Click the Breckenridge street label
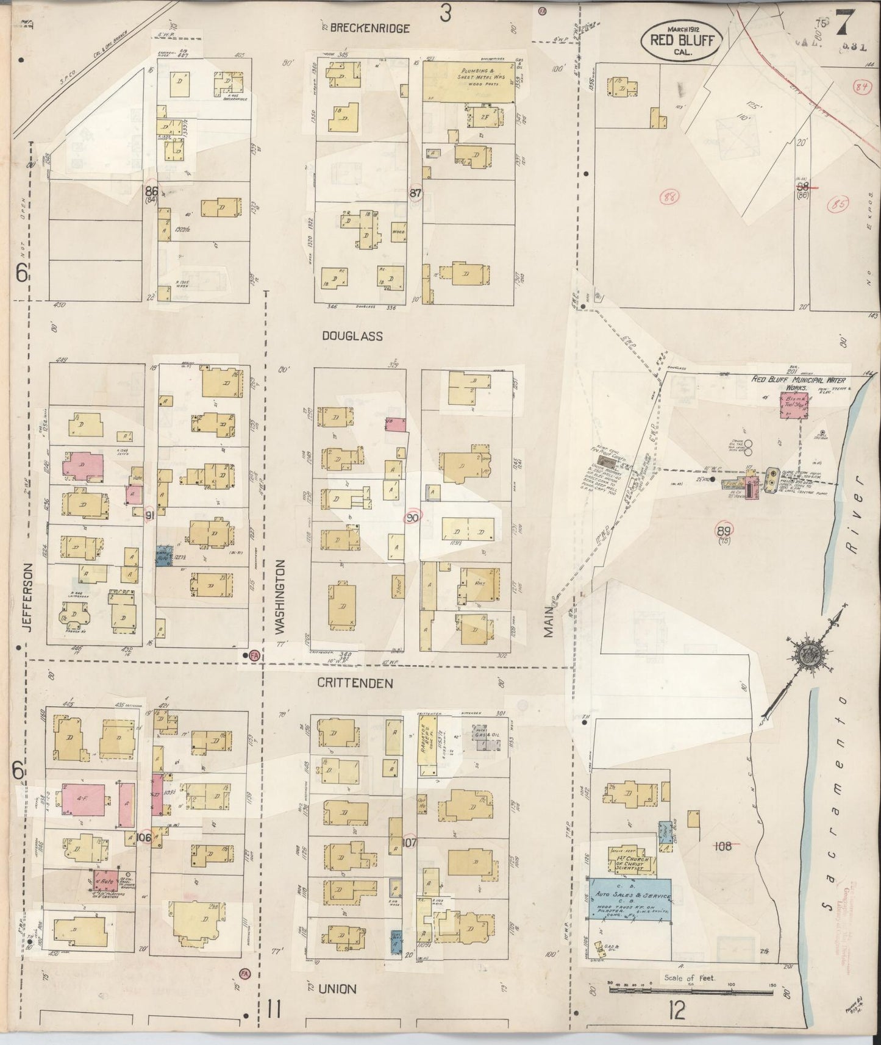coord(369,29)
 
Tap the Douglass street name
coord(353,336)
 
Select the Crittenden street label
coord(355,683)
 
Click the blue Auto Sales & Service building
coord(630,899)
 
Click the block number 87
coord(416,193)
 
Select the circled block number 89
coord(724,530)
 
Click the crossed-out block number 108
coord(724,846)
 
